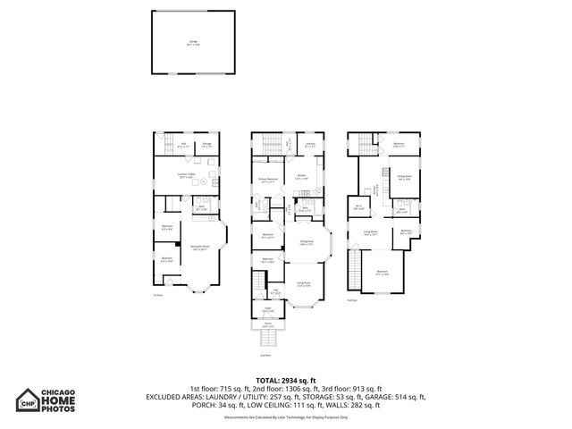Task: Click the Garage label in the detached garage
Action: click(192, 42)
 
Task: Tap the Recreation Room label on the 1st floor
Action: click(198, 248)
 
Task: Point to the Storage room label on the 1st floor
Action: click(206, 145)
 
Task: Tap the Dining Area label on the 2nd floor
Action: click(306, 242)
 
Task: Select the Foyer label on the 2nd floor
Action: click(266, 310)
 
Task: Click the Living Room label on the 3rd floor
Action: click(369, 232)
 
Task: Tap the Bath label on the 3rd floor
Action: click(402, 212)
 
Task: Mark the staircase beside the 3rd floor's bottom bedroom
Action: click(356, 265)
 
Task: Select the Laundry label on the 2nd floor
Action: click(309, 144)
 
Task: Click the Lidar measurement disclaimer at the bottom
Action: click(286, 417)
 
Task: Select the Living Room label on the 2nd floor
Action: click(305, 284)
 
